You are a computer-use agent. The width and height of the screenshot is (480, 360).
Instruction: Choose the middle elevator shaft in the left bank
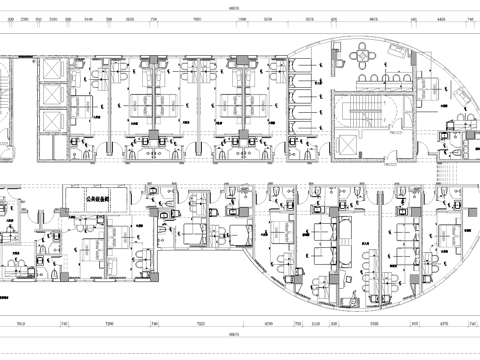49,96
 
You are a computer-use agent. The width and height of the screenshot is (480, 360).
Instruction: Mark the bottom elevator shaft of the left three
49,122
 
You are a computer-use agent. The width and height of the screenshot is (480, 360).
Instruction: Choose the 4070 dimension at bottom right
444,324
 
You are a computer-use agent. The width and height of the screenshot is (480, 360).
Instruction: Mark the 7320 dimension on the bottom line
201,324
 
